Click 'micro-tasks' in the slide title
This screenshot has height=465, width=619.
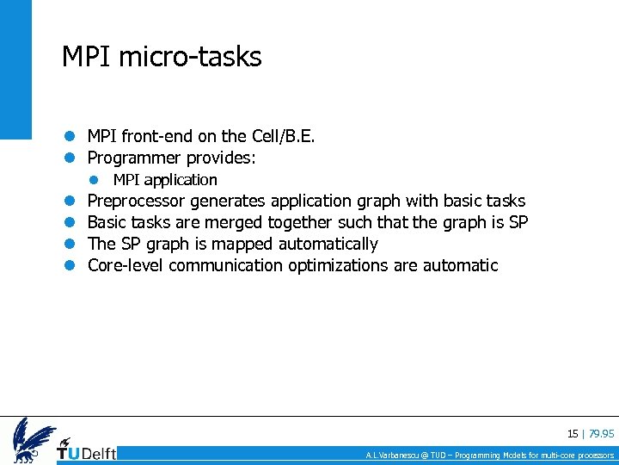coord(190,57)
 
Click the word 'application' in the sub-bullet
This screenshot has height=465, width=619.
coord(181,180)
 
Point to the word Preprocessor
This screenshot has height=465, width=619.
coord(137,201)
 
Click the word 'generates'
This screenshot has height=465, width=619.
coord(228,201)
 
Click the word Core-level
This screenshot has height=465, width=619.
coord(126,266)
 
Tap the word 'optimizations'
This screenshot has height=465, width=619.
coord(338,266)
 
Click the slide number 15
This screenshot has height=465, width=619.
coord(573,434)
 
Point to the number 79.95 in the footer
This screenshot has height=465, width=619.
coord(602,434)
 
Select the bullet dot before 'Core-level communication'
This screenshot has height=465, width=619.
coord(70,266)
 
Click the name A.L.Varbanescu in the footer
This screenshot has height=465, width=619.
coord(395,456)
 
